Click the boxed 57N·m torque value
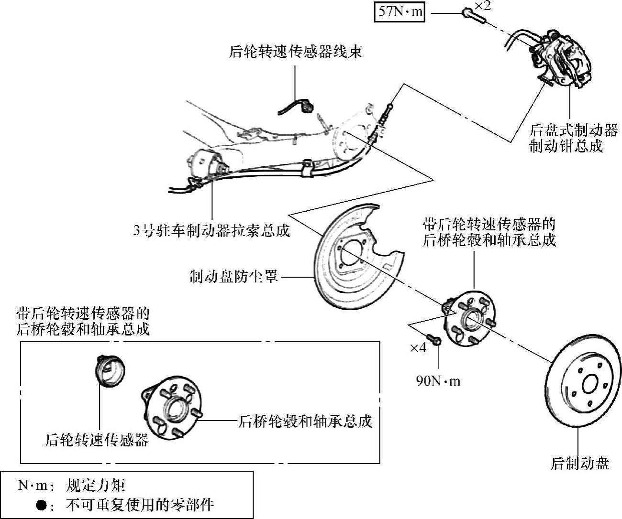click(400, 11)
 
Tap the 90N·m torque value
click(438, 381)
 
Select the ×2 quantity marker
click(482, 6)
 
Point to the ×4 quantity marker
click(418, 347)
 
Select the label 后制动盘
click(580, 463)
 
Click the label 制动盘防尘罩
click(233, 277)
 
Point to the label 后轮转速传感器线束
click(295, 51)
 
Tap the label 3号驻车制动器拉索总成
click(211, 230)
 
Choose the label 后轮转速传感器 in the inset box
click(97, 439)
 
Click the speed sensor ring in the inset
click(110, 371)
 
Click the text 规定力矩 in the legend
click(95, 486)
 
